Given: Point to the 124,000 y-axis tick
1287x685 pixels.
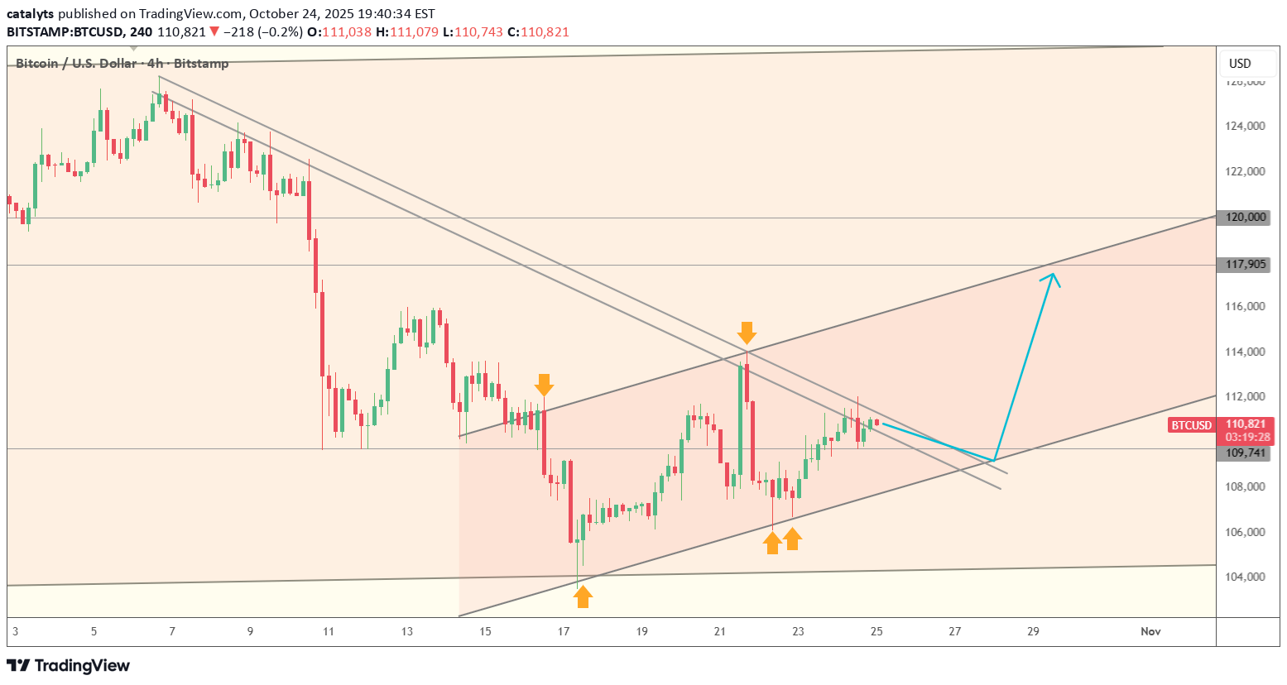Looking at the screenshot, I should pyautogui.click(x=1245, y=126).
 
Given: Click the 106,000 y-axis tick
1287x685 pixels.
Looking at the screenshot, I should pyautogui.click(x=1245, y=532).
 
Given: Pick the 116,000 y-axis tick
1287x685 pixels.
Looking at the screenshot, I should pyautogui.click(x=1245, y=306).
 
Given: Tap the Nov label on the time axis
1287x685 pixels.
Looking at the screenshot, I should pyautogui.click(x=1150, y=631).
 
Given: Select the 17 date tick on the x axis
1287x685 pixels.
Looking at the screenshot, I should pyautogui.click(x=564, y=631).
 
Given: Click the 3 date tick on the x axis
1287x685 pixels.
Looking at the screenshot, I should pyautogui.click(x=15, y=631).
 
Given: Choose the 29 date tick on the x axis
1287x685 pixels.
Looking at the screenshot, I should pyautogui.click(x=1033, y=631).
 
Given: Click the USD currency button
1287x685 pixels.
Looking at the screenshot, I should pyautogui.click(x=1240, y=64).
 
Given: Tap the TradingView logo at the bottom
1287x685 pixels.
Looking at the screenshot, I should pyautogui.click(x=68, y=665).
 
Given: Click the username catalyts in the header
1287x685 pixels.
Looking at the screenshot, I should pyautogui.click(x=30, y=13).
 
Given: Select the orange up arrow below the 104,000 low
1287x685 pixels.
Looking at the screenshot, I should pyautogui.click(x=583, y=596).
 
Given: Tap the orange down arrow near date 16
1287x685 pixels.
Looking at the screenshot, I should pyautogui.click(x=544, y=385).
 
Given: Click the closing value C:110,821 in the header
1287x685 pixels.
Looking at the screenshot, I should pyautogui.click(x=538, y=32).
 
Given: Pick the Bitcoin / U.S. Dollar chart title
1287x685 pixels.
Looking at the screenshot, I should pyautogui.click(x=76, y=64).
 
